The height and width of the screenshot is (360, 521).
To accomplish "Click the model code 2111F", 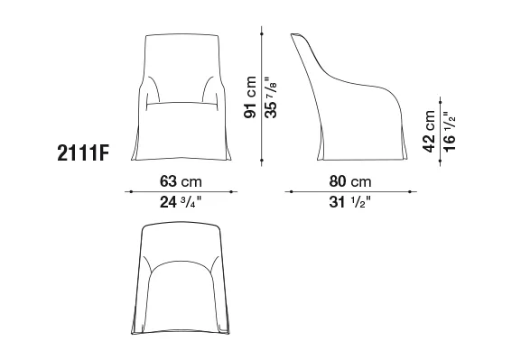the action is click(x=83, y=153).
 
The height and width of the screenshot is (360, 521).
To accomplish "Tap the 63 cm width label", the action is click(x=181, y=181).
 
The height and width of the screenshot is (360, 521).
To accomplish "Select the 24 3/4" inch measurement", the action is click(x=181, y=202).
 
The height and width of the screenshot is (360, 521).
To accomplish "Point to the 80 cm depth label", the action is click(x=350, y=181).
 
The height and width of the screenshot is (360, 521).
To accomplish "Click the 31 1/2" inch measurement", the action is click(x=349, y=202).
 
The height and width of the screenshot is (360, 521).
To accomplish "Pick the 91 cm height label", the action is click(x=250, y=97).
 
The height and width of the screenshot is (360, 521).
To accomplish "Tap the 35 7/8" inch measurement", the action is click(x=271, y=97).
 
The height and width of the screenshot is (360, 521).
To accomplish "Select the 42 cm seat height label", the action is click(x=429, y=132).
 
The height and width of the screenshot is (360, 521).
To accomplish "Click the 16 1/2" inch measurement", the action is click(x=450, y=132).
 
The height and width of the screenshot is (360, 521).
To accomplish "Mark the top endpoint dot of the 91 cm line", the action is click(x=262, y=34).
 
